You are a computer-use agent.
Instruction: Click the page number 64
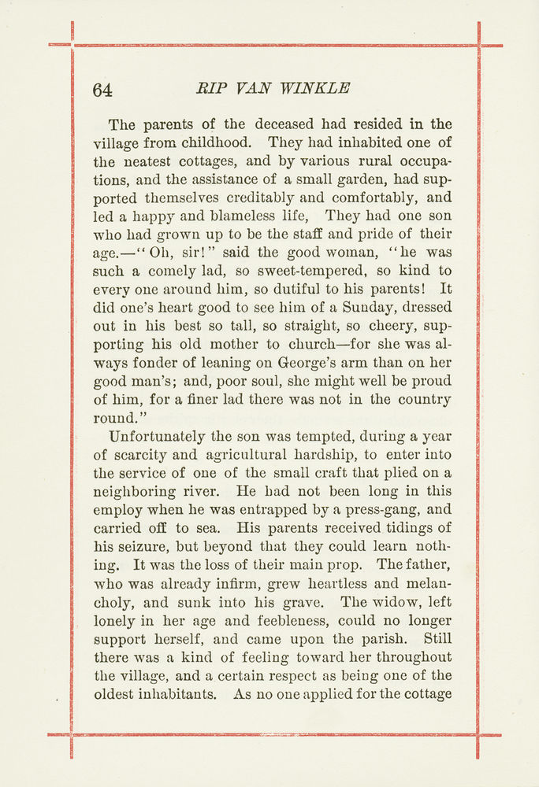coord(102,90)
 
